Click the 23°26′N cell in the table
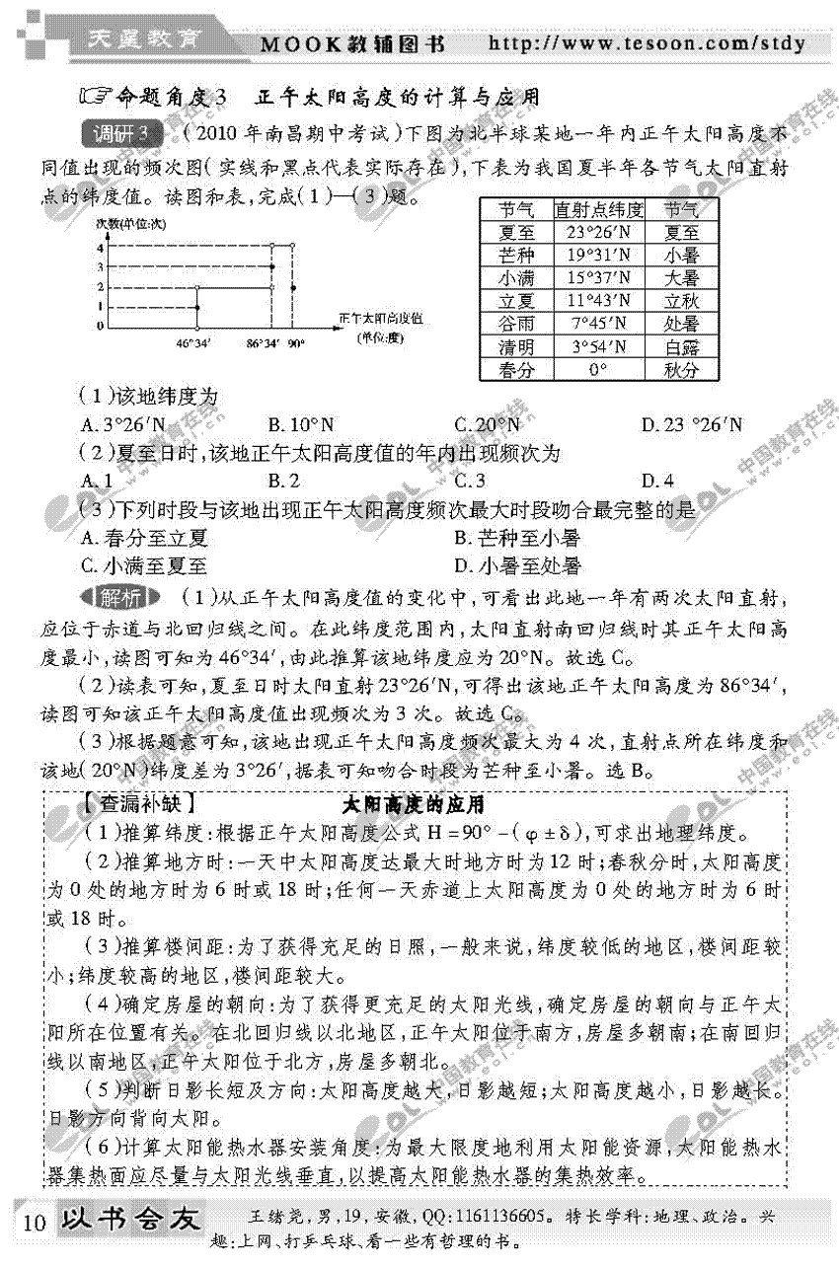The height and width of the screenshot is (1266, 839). (598, 234)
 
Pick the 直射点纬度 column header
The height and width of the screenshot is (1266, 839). (598, 210)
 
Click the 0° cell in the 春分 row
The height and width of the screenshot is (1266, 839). (598, 370)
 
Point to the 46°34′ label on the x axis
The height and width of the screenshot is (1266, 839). (193, 344)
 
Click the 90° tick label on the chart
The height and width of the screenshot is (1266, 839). (295, 344)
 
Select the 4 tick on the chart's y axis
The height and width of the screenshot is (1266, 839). (99, 248)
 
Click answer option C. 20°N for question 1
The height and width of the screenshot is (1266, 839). (487, 425)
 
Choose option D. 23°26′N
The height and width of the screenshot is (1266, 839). (691, 425)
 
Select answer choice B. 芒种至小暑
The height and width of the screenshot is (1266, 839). (517, 538)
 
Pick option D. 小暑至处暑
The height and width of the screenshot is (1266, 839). (517, 566)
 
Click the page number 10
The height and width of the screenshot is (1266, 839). (34, 1223)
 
